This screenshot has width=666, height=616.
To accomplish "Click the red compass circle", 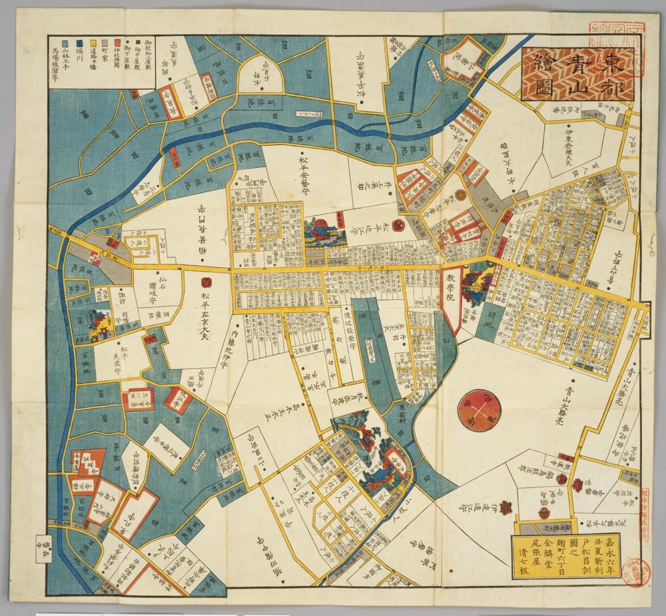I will pos(480,410).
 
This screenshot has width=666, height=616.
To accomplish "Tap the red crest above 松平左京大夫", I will pos(206,283).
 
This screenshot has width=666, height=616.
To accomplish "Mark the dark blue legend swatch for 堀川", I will pos(79,47).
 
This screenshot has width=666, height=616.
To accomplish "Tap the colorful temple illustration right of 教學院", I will pos(479,285).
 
